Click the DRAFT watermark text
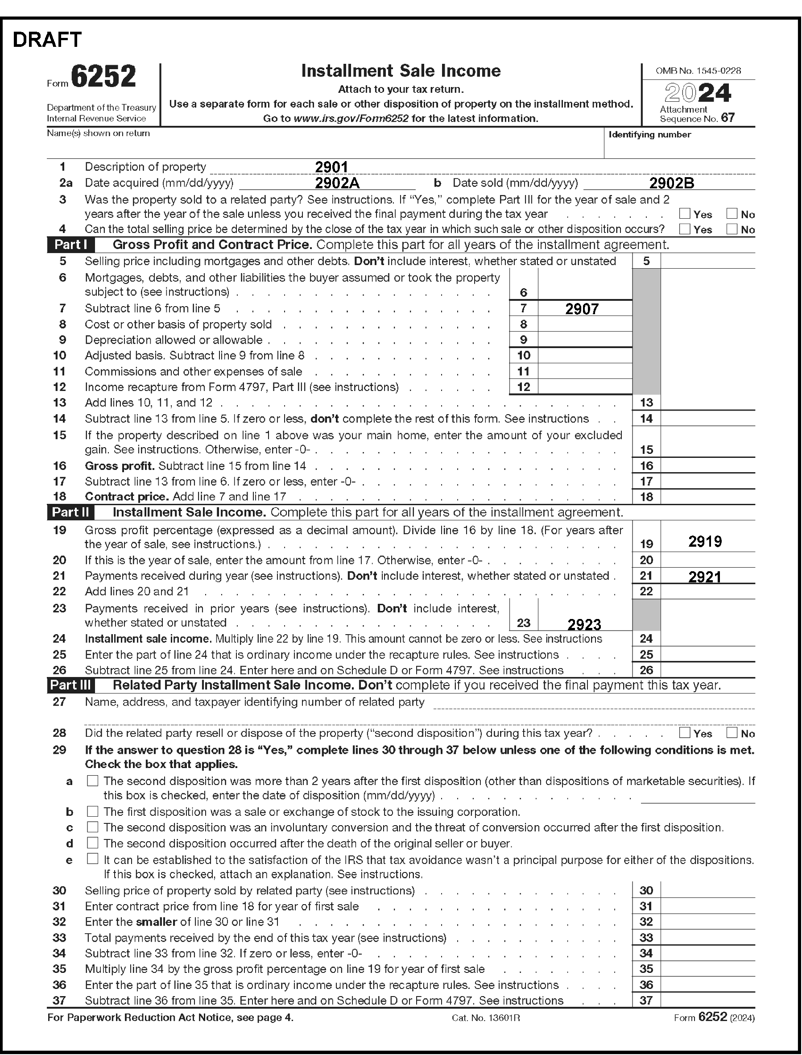[47, 40]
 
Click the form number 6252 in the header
[103, 76]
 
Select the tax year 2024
[698, 93]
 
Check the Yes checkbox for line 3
[685, 213]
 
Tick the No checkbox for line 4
[732, 229]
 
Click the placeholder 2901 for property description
[331, 167]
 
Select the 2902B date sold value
[672, 183]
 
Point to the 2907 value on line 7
[582, 309]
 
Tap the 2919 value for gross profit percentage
[705, 542]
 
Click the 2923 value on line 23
[584, 624]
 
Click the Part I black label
[70, 245]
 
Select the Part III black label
[70, 685]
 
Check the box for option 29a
[93, 781]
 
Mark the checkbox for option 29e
[93, 859]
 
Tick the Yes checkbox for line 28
[685, 732]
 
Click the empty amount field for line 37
[707, 1000]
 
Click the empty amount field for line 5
[707, 261]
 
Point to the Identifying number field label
[650, 135]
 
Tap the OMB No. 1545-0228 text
[698, 71]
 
